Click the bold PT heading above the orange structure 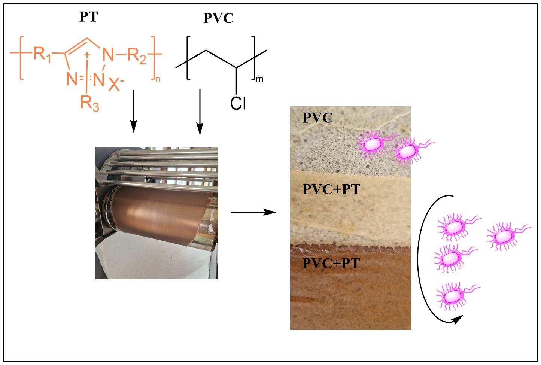pyautogui.click(x=88, y=17)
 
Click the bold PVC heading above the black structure pyautogui.click(x=218, y=18)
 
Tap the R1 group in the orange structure pyautogui.click(x=41, y=54)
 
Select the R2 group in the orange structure pyautogui.click(x=136, y=55)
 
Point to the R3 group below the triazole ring pyautogui.click(x=89, y=103)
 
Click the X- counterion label pyautogui.click(x=116, y=84)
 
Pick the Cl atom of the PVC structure pyautogui.click(x=238, y=103)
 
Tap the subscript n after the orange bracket pyautogui.click(x=158, y=79)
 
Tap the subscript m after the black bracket pyautogui.click(x=259, y=79)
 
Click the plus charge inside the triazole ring pyautogui.click(x=87, y=55)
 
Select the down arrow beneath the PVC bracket pyautogui.click(x=200, y=112)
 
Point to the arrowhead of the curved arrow pyautogui.click(x=457, y=319)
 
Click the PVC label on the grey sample pyautogui.click(x=317, y=118)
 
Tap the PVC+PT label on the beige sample pyautogui.click(x=331, y=189)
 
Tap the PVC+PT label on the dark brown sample pyautogui.click(x=331, y=264)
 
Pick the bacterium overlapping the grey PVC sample pyautogui.click(x=373, y=143)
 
